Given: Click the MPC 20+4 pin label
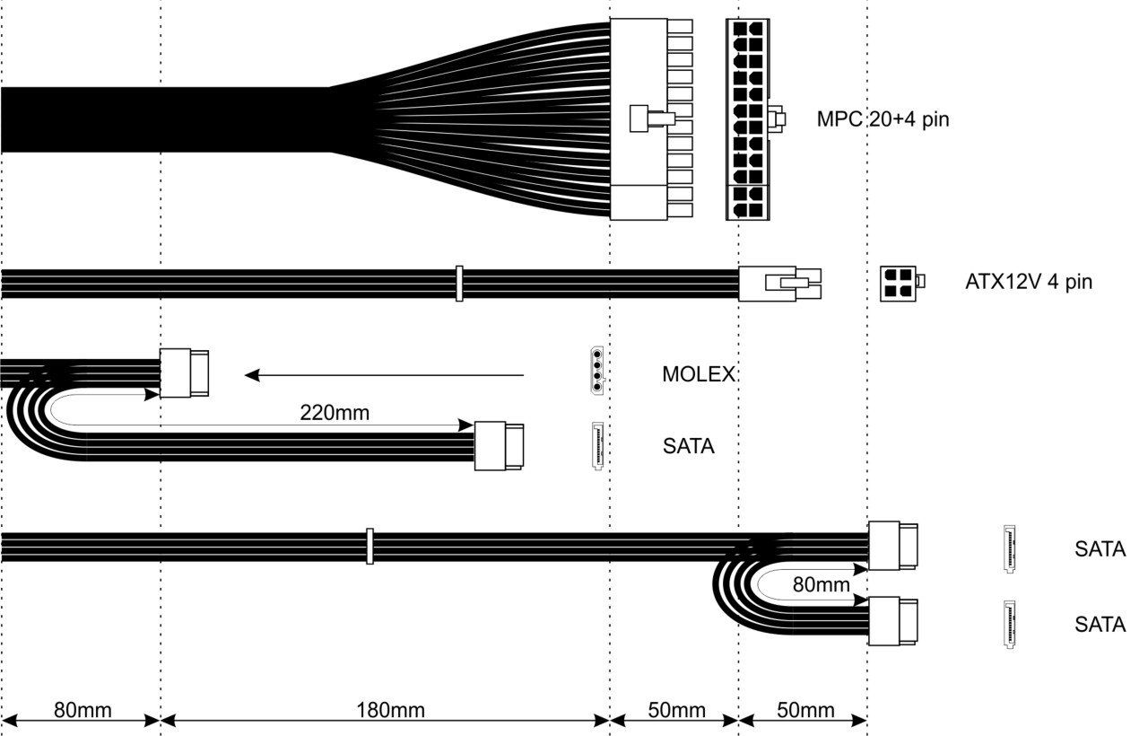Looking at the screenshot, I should pyautogui.click(x=883, y=118).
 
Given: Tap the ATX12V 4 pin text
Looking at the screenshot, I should pyautogui.click(x=1029, y=282).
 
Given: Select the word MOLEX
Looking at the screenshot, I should pyautogui.click(x=699, y=374).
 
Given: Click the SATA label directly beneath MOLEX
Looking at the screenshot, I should pyautogui.click(x=689, y=444).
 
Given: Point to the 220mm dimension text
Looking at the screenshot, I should pyautogui.click(x=335, y=413).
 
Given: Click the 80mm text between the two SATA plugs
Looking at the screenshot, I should pyautogui.click(x=822, y=585).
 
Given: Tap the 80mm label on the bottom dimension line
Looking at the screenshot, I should pyautogui.click(x=83, y=710).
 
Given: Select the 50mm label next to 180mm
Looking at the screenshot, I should pyautogui.click(x=676, y=710).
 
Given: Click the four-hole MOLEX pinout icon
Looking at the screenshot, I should pyautogui.click(x=596, y=371).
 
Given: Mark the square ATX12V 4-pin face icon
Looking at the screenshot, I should pyautogui.click(x=900, y=282).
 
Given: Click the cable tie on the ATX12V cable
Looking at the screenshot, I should pyautogui.click(x=458, y=283).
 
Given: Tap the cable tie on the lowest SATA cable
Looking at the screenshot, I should pyautogui.click(x=369, y=546).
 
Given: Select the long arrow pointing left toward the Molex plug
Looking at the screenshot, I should pyautogui.click(x=386, y=375).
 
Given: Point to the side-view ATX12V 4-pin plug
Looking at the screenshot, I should pyautogui.click(x=778, y=283).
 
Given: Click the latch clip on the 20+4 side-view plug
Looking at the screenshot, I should pyautogui.click(x=649, y=118).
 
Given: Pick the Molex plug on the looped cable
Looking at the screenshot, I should pyautogui.click(x=187, y=373).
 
